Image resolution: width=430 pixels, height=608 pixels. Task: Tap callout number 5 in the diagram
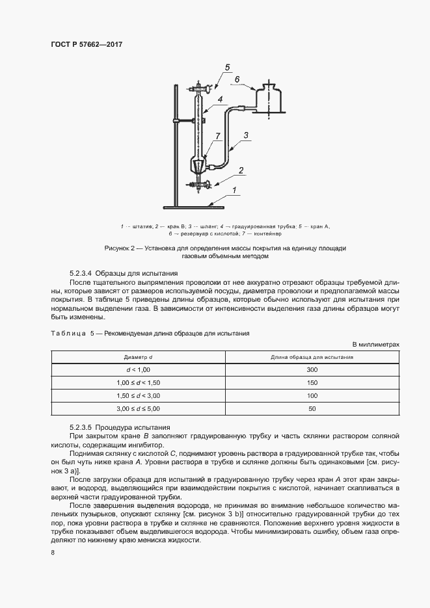(x=227, y=68)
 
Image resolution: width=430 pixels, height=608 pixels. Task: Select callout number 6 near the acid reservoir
(x=237, y=80)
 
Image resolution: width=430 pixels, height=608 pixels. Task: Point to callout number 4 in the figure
(x=221, y=99)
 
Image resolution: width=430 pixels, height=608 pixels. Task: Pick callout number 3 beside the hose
(x=246, y=135)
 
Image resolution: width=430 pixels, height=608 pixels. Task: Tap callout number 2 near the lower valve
(x=241, y=170)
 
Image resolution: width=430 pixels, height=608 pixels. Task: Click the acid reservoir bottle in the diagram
(x=269, y=99)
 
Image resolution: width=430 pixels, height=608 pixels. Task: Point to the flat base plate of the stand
(x=194, y=207)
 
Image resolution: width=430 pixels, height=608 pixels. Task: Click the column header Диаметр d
(x=138, y=357)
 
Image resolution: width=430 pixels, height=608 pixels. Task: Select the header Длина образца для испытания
(x=312, y=357)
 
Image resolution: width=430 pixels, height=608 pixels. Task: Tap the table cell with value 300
(x=312, y=369)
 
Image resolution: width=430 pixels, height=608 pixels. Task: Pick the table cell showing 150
(x=312, y=382)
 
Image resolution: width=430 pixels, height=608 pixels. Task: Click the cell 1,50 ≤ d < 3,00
(x=138, y=395)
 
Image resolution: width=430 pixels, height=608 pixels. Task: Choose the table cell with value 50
(x=312, y=408)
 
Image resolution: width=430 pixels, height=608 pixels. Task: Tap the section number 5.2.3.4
(x=82, y=273)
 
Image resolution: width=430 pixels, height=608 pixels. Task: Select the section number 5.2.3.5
(x=82, y=427)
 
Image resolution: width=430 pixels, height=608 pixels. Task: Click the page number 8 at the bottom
(x=53, y=553)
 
